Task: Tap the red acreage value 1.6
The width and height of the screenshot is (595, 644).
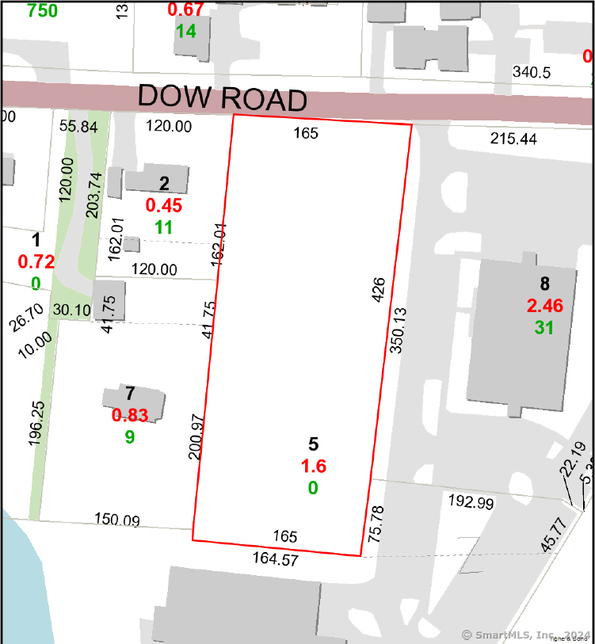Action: tap(313, 467)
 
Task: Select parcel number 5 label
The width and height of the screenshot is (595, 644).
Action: tap(314, 444)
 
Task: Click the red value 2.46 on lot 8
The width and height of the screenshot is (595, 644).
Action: tap(544, 305)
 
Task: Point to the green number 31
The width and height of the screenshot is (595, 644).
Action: tap(544, 326)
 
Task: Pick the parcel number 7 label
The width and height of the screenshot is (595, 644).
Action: tap(131, 394)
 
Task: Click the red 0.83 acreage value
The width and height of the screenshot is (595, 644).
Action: tap(131, 414)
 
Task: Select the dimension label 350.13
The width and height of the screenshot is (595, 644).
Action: tap(398, 329)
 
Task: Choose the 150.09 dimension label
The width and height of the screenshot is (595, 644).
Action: tap(117, 520)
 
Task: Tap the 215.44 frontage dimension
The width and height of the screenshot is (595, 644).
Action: tap(513, 139)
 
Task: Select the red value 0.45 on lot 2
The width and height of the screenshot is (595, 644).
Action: tap(164, 206)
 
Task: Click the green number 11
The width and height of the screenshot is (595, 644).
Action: tap(164, 227)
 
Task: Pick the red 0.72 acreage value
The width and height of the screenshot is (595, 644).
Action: tap(36, 261)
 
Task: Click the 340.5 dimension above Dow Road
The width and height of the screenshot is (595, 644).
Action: tap(531, 72)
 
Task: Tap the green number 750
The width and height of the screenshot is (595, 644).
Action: tap(42, 10)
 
